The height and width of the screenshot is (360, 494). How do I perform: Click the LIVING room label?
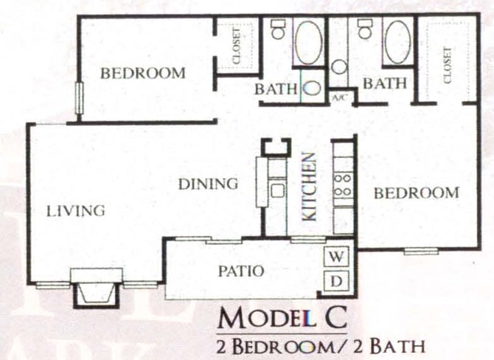tap(76, 211)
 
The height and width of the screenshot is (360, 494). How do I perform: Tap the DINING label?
tap(209, 184)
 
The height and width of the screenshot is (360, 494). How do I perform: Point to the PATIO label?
tap(240, 271)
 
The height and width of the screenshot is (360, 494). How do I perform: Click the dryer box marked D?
tap(337, 280)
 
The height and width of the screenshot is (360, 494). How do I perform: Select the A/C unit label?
tap(340, 97)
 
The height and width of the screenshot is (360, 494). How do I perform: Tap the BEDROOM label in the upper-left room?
tap(142, 73)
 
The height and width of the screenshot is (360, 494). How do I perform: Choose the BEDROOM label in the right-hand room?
tap(416, 193)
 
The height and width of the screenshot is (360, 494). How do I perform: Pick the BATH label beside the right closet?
tap(384, 84)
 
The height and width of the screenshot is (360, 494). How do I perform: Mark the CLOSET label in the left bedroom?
tap(236, 46)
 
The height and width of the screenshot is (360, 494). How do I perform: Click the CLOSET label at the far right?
tap(447, 63)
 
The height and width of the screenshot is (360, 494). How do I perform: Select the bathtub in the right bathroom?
tap(397, 41)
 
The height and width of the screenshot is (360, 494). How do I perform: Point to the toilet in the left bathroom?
tap(278, 30)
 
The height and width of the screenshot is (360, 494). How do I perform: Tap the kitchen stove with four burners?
tap(342, 184)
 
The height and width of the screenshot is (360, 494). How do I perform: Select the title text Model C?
tap(282, 318)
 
